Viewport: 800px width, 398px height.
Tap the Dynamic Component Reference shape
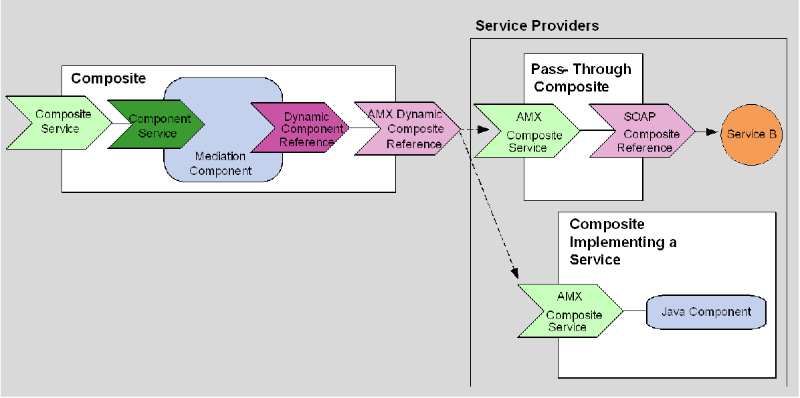click(x=301, y=129)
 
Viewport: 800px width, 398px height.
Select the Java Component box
click(x=706, y=313)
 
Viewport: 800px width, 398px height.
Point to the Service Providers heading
click(x=536, y=26)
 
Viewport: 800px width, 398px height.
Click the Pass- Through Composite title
click(x=581, y=77)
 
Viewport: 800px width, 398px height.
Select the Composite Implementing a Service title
click(x=622, y=242)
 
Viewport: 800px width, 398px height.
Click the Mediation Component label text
click(x=220, y=164)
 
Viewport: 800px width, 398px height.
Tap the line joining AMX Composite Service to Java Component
click(x=634, y=311)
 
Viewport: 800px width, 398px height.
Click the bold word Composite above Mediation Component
click(x=108, y=79)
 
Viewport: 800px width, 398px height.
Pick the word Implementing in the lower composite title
click(x=607, y=242)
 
